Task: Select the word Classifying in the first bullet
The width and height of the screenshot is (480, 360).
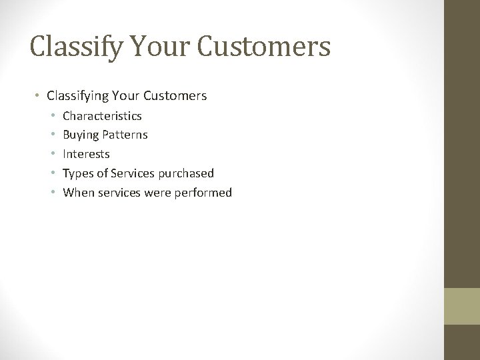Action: coord(77,96)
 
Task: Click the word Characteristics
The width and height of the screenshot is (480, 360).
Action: coord(102,116)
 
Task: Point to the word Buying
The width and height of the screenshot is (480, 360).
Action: coord(80,135)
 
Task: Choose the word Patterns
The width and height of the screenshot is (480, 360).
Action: coord(125,135)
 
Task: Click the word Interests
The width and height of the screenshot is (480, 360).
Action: coord(86,154)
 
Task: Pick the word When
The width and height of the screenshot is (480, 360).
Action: coord(77,193)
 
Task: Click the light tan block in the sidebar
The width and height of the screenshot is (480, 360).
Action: coord(462,307)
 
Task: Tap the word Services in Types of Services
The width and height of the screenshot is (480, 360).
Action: coord(133,173)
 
